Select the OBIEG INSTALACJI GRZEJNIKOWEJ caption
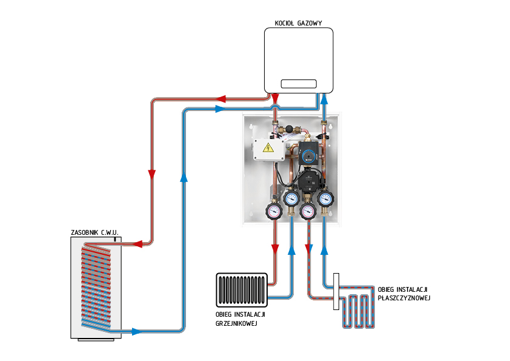[240, 319]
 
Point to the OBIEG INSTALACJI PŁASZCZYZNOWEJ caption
[404, 293]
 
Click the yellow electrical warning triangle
[267, 147]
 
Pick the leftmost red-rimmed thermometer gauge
[273, 211]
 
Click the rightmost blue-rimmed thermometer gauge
[326, 198]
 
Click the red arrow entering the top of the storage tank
[137, 244]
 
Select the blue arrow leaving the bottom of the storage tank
[137, 331]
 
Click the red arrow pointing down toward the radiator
[276, 249]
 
